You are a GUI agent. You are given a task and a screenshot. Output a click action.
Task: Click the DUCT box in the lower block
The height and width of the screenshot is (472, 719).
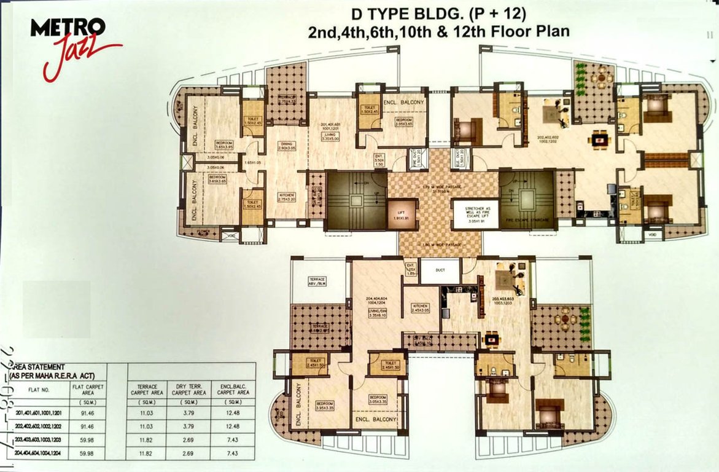click(x=440, y=271)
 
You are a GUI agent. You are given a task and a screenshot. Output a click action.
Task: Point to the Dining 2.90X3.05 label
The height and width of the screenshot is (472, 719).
click(x=287, y=147)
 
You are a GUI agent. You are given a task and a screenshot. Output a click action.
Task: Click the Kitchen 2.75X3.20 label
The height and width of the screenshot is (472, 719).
click(x=287, y=197)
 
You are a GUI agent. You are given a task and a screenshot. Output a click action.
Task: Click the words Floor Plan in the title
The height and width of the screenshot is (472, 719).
click(x=533, y=31)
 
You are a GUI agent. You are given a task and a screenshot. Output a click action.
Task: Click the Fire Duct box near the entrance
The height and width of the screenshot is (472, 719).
click(x=420, y=158)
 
